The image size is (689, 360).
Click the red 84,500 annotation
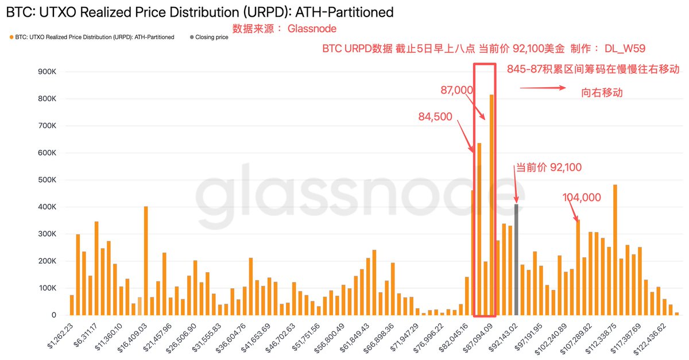tap(436, 117)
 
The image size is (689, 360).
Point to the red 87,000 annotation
tap(456, 90)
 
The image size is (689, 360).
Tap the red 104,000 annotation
tap(582, 198)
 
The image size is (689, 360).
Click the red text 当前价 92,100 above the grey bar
tap(548, 168)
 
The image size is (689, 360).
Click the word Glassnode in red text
tap(312, 29)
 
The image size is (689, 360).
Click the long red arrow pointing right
tap(543, 88)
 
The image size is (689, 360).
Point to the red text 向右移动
tap(602, 92)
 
